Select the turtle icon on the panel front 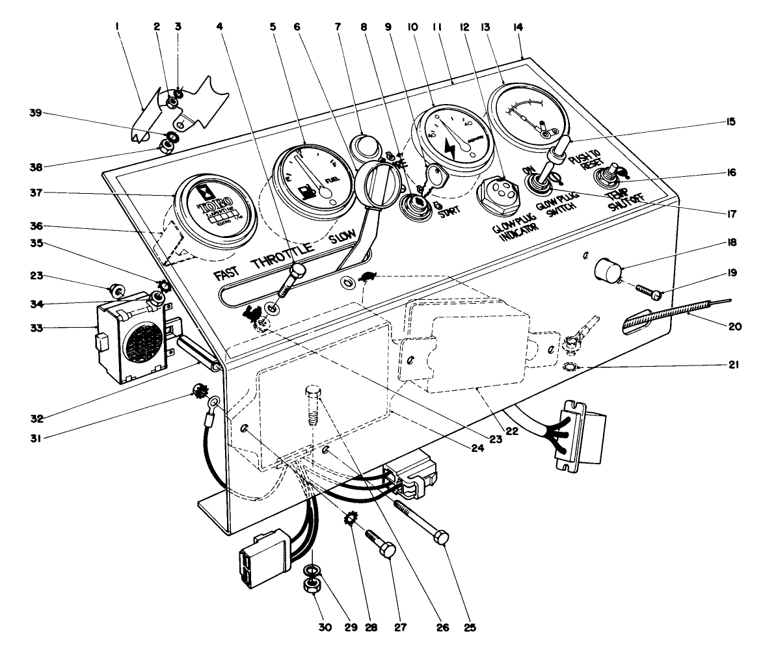click(x=367, y=276)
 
